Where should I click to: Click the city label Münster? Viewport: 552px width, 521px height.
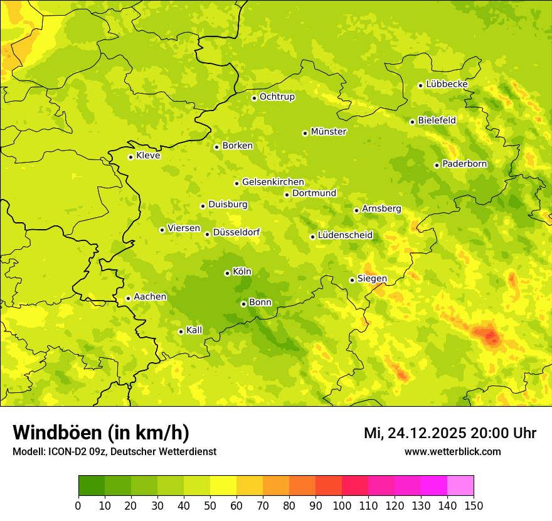(x=328, y=132)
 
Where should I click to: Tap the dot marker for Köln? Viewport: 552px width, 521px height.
(x=227, y=273)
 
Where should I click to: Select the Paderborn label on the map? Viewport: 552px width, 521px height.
(x=464, y=164)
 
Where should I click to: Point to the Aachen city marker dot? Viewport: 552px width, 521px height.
(x=128, y=298)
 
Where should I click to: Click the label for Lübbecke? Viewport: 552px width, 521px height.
(x=447, y=84)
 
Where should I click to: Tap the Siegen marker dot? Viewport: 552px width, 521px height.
(x=352, y=280)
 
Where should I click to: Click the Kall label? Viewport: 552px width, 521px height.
(x=194, y=330)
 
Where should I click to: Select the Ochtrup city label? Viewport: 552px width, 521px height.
(x=277, y=97)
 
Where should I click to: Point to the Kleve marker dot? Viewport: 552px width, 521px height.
(x=130, y=157)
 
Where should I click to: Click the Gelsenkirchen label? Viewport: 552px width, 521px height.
(x=273, y=182)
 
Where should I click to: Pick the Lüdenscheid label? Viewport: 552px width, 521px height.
(x=345, y=235)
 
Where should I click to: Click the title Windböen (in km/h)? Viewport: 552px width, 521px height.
(x=101, y=432)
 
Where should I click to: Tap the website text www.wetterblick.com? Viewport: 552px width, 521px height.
(x=452, y=452)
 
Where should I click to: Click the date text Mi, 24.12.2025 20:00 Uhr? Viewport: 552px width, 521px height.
(x=450, y=433)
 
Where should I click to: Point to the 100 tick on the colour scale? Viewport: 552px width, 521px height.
(x=342, y=505)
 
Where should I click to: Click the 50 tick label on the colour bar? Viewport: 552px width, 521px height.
(x=210, y=505)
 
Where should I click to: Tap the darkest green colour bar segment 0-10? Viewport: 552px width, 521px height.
(x=92, y=486)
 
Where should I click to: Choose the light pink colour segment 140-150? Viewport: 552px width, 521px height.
(x=460, y=486)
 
